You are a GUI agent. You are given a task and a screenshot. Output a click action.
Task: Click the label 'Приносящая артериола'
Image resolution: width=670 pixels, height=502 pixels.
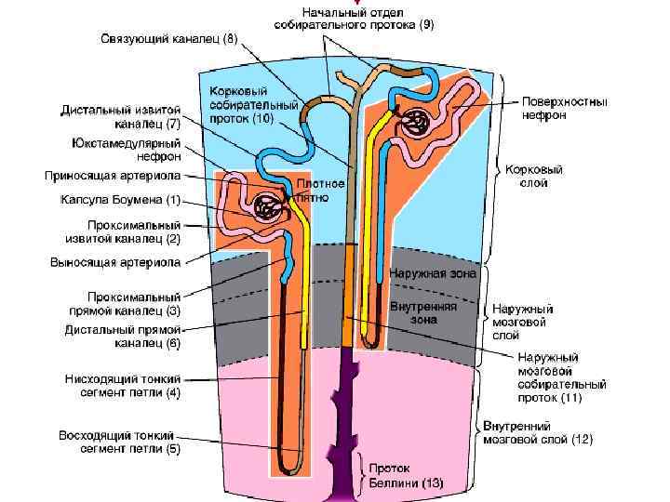coord(114,175)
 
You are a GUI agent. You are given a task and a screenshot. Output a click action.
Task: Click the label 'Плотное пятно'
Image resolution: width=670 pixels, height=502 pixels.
coord(321,191)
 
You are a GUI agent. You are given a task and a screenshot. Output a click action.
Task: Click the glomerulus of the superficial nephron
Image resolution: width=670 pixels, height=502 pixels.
coord(415,122)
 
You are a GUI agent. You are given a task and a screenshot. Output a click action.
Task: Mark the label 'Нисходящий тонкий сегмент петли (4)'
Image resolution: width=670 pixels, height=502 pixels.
coord(123,386)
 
